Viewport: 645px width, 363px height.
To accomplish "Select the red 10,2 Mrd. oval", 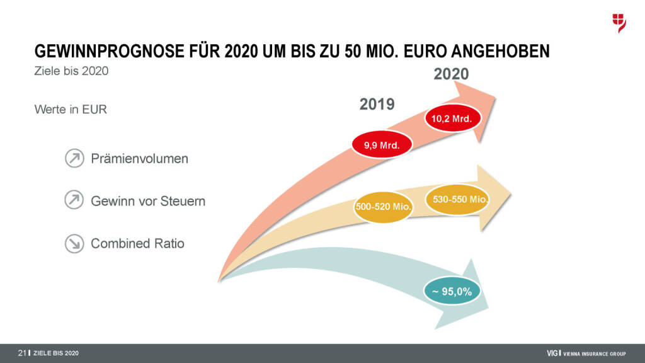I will (452, 118).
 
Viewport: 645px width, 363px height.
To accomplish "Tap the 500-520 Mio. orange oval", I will (384, 206).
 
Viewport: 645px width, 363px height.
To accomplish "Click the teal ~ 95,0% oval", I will (452, 291).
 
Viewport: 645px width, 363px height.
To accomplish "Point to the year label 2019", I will (377, 104).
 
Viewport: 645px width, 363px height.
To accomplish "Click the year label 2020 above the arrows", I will (451, 74).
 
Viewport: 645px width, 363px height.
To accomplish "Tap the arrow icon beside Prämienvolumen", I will (74, 158).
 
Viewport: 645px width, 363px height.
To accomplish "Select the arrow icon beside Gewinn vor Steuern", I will (74, 201).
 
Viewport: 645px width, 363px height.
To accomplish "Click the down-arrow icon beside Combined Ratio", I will (74, 244).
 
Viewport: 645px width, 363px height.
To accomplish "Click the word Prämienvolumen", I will (139, 159).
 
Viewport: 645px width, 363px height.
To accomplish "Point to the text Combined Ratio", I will (137, 243).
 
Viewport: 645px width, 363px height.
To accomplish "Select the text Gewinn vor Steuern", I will (148, 202).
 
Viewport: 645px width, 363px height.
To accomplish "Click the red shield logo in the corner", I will (619, 22).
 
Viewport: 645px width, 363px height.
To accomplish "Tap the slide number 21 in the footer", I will (22, 352).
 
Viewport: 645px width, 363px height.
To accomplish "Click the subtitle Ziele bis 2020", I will (71, 71).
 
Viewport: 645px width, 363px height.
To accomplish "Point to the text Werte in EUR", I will (71, 110).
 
